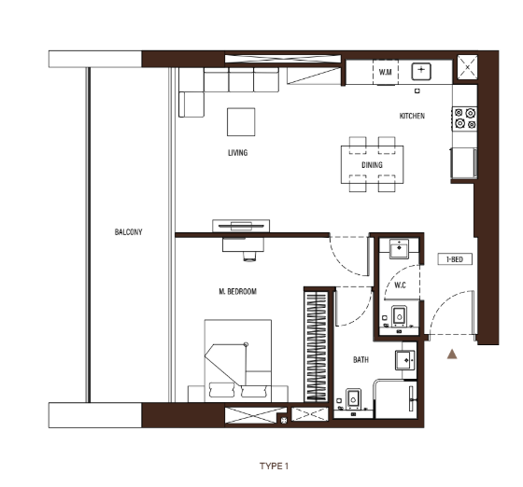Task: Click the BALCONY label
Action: click(129, 232)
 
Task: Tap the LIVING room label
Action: click(238, 153)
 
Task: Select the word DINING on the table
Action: click(372, 165)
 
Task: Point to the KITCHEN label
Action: click(412, 116)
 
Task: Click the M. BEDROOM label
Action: click(238, 291)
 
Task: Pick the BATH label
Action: click(360, 360)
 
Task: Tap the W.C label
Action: click(400, 285)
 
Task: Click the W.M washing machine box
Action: click(385, 72)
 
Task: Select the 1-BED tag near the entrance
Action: click(455, 259)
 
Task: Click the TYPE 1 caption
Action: click(274, 466)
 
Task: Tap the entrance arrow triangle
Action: click(452, 355)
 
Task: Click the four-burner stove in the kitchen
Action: click(465, 118)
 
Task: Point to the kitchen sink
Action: click(421, 71)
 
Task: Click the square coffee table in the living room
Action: click(241, 122)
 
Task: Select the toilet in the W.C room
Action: click(400, 315)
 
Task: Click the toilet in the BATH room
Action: click(354, 398)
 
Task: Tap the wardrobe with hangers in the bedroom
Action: click(317, 346)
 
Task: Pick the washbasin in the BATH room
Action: click(405, 360)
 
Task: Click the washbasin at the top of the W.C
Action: click(400, 248)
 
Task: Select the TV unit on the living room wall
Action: click(241, 226)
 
